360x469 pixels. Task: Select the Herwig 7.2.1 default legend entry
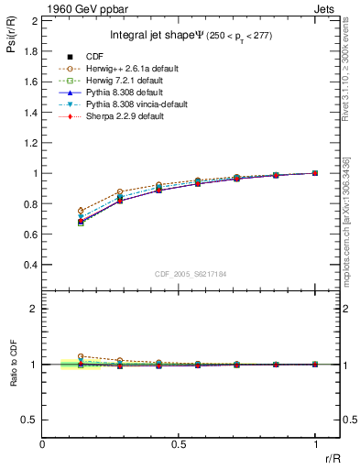[120, 81]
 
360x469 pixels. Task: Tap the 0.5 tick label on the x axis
[179, 444]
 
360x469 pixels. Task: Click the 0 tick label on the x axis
[43, 444]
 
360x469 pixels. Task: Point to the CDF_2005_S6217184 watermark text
[191, 274]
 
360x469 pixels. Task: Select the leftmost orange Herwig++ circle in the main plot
[81, 211]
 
